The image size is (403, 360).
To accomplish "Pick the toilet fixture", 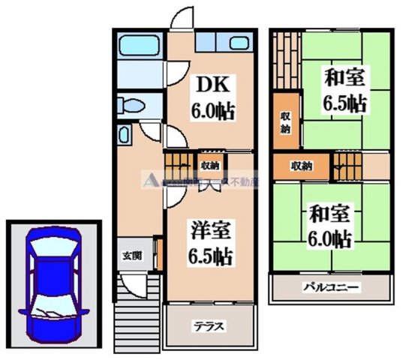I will coord(131,105).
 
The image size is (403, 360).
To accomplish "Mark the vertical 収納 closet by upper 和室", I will coord(286,120).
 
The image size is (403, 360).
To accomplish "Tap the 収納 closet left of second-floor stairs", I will coord(302,165).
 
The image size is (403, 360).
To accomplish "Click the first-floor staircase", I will coord(179,163).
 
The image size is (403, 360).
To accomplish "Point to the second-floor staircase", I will coord(346,164).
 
